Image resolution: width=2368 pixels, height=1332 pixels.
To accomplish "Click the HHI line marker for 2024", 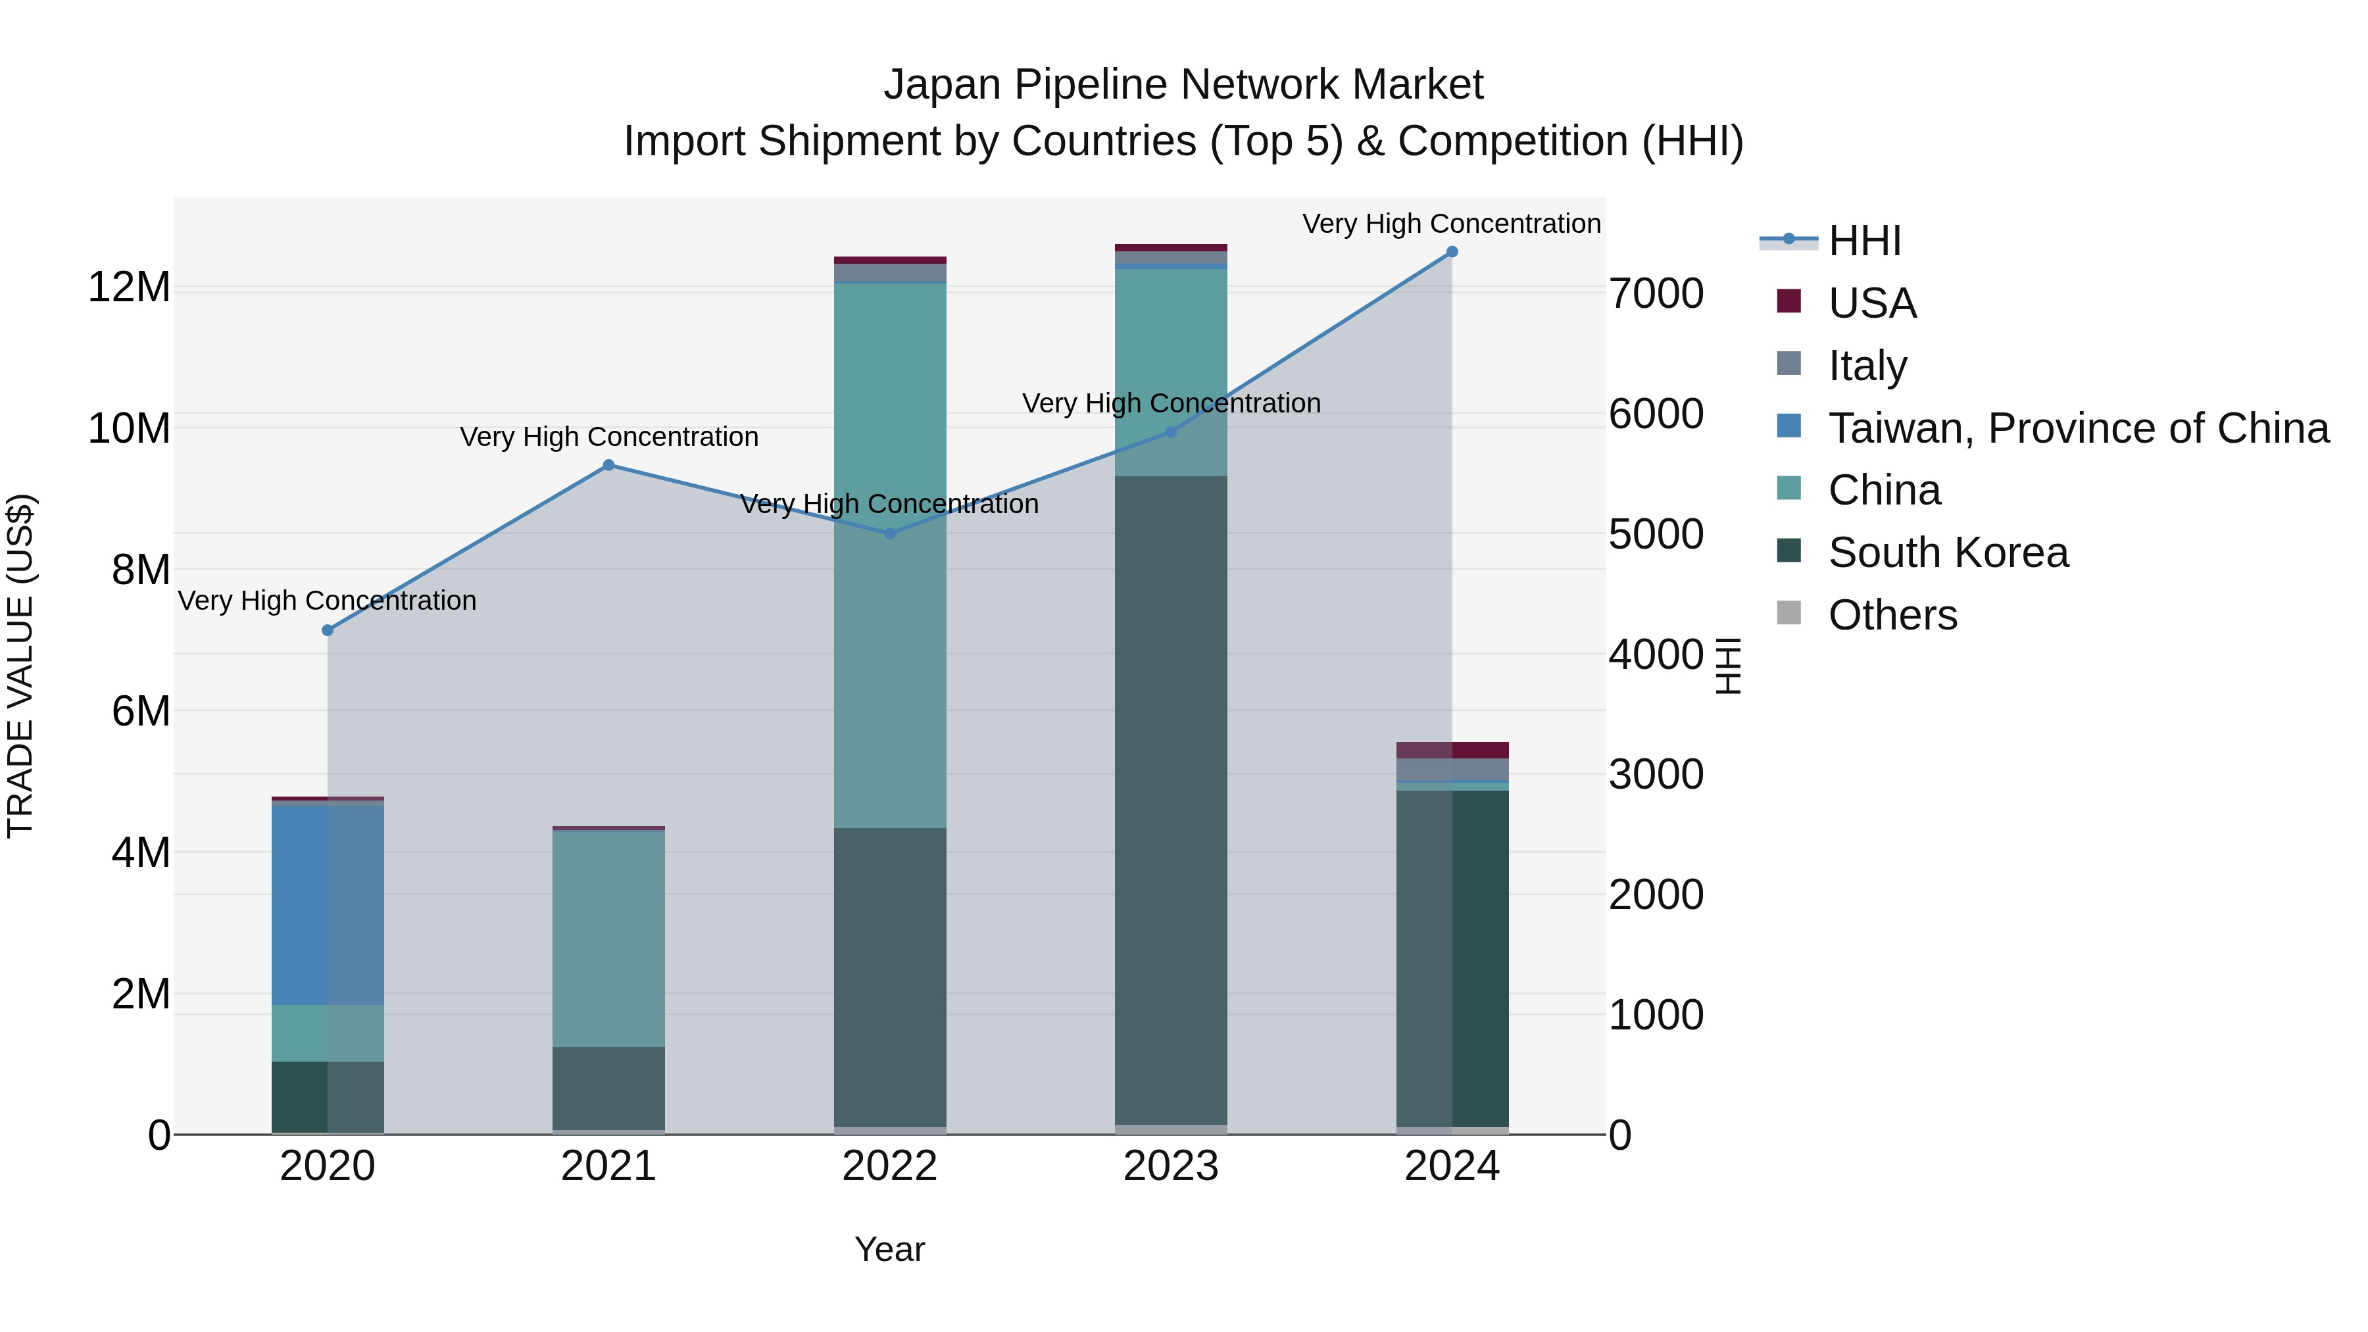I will click(1452, 252).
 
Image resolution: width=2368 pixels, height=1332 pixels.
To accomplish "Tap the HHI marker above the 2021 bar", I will click(608, 465).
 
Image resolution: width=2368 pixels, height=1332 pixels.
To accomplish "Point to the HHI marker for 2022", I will click(890, 533).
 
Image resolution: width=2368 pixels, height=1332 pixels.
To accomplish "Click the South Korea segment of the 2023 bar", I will click(1170, 800).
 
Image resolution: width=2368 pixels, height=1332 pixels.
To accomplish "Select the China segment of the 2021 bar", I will click(608, 937).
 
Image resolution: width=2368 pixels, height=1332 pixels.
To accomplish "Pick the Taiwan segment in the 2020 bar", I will click(328, 906).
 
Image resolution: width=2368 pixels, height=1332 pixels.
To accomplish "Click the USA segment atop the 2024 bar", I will click(1452, 750).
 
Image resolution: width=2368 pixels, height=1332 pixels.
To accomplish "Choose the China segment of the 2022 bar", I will click(890, 552).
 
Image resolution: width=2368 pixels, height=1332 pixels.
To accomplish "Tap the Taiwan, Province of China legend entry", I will click(2077, 428).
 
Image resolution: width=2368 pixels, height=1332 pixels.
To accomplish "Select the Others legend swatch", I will click(1789, 612).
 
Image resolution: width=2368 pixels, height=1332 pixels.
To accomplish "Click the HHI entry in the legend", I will click(1864, 241).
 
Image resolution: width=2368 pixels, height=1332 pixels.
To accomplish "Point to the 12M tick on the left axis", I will click(129, 287).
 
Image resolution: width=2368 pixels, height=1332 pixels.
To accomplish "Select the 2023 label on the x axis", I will click(1170, 1166).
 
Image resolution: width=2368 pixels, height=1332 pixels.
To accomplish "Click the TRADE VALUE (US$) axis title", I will click(20, 666).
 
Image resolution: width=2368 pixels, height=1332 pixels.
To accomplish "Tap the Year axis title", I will click(889, 1249).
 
